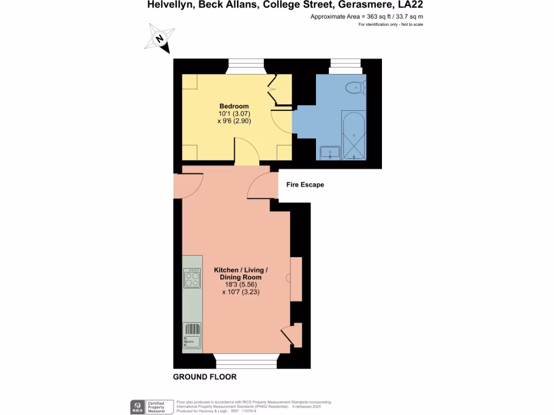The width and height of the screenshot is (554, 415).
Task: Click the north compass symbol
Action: [160, 38]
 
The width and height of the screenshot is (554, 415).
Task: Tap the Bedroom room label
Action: [234, 106]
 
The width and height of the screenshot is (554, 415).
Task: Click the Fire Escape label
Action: [305, 185]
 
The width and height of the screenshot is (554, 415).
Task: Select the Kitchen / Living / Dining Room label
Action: [241, 273]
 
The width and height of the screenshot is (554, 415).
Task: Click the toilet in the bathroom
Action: [355, 86]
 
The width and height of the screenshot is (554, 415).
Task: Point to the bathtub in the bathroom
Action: [354, 136]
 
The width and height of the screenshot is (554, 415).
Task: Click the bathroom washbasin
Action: [329, 153]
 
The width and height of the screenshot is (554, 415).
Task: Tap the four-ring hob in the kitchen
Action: [192, 278]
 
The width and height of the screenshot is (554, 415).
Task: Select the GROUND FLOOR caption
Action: [205, 377]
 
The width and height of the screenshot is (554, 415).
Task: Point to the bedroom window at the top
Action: [246, 66]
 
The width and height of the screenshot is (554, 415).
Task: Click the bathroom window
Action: [346, 66]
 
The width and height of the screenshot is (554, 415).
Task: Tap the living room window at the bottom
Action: [246, 362]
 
